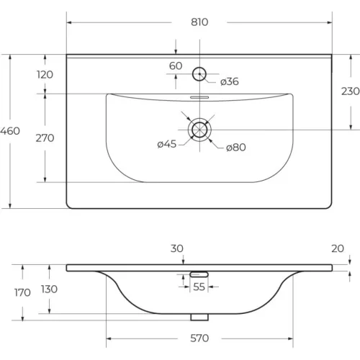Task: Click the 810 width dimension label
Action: [x=199, y=22]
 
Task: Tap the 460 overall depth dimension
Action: [x=10, y=131]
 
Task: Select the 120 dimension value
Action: [x=45, y=75]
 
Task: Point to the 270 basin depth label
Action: [x=45, y=138]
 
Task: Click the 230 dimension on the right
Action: [x=351, y=91]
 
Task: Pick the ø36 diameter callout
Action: [x=230, y=81]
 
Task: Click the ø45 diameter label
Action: [x=167, y=144]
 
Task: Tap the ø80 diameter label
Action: [x=236, y=147]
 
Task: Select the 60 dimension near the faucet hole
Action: [x=176, y=66]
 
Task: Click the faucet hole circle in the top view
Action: [x=199, y=67]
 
